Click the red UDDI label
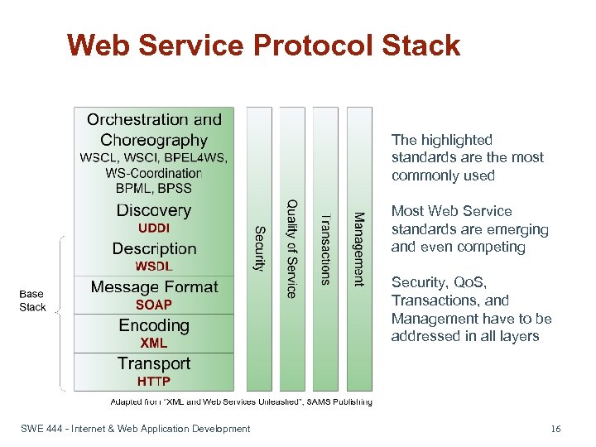(x=154, y=227)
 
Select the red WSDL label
(x=154, y=266)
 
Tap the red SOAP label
(x=154, y=305)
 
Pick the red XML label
(x=154, y=343)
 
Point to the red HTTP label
(x=154, y=382)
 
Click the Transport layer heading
(x=154, y=363)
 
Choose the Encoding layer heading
(x=154, y=325)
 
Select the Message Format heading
(x=154, y=287)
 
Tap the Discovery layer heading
(x=154, y=210)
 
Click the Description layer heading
(x=154, y=248)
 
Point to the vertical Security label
(x=259, y=248)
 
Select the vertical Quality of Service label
(x=291, y=248)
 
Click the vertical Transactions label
(x=325, y=249)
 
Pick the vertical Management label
(x=358, y=249)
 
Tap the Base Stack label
(x=32, y=300)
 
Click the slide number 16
(x=555, y=429)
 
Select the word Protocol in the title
(x=304, y=45)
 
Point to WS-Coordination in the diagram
(x=154, y=173)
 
